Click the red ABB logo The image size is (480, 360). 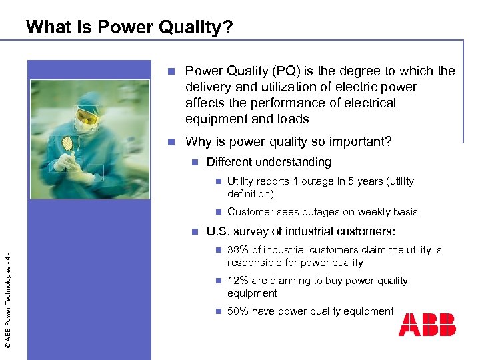point(427,325)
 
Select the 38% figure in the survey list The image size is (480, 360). point(238,250)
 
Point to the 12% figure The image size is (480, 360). point(238,281)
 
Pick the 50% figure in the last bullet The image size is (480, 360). point(238,311)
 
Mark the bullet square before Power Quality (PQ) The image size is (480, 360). point(171,71)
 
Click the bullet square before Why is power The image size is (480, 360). point(171,141)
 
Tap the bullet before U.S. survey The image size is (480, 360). point(195,232)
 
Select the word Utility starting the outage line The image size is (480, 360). point(241,181)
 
